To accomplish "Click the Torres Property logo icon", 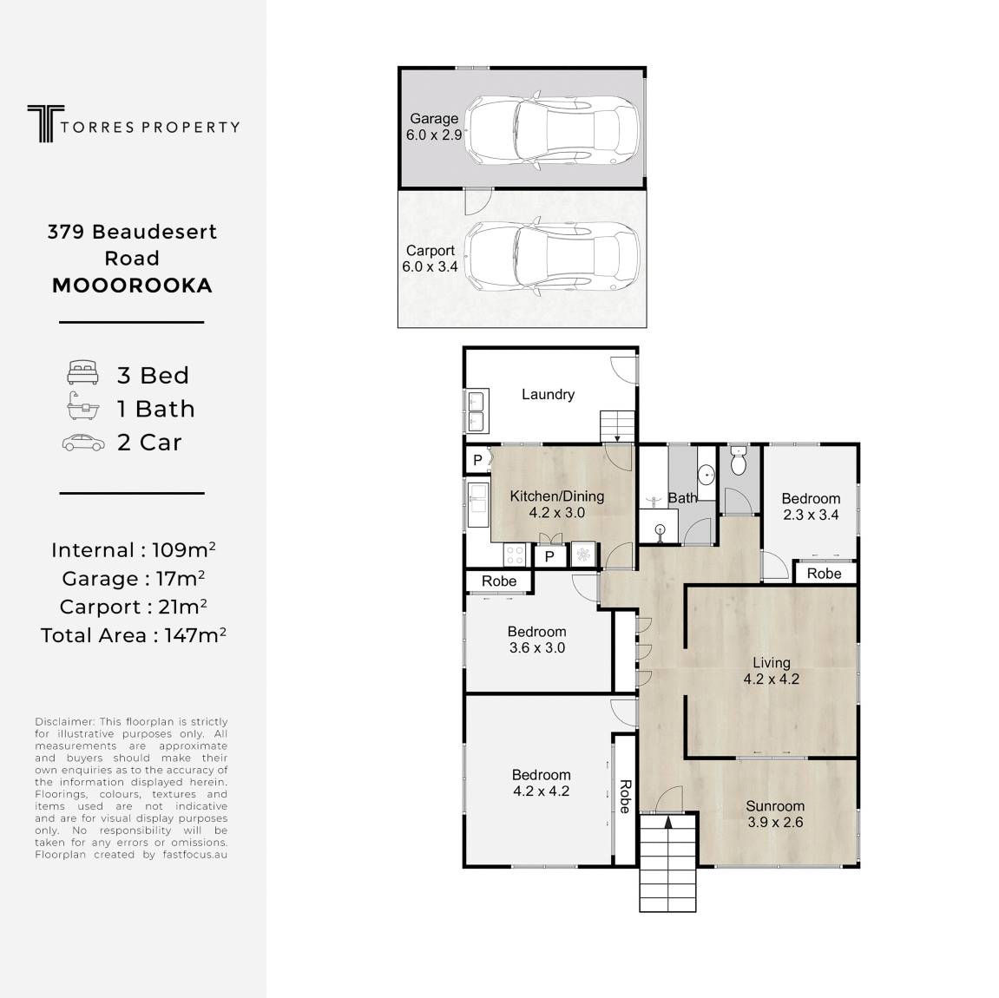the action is [46, 123].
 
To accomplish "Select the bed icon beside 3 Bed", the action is [82, 372].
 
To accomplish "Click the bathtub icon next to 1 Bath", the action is [82, 406].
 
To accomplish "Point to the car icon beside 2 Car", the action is [83, 443].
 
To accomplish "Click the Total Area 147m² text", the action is [133, 635].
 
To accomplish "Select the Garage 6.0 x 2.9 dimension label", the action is [434, 127].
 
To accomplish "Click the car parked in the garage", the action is [552, 130].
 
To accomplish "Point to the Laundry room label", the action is [548, 394].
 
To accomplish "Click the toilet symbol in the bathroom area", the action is [738, 461].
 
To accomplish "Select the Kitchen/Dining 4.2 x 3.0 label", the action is [557, 504].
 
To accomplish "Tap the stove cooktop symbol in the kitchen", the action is [514, 554].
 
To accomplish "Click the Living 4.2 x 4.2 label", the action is [771, 671].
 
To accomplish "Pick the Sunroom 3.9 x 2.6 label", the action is [775, 814].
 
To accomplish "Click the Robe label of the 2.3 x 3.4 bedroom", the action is [824, 573].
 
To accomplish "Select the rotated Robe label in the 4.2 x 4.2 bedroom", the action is [625, 796].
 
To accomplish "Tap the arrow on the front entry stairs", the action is [667, 824].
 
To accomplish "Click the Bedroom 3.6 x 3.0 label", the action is [536, 640].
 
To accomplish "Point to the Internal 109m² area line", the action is [133, 549].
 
